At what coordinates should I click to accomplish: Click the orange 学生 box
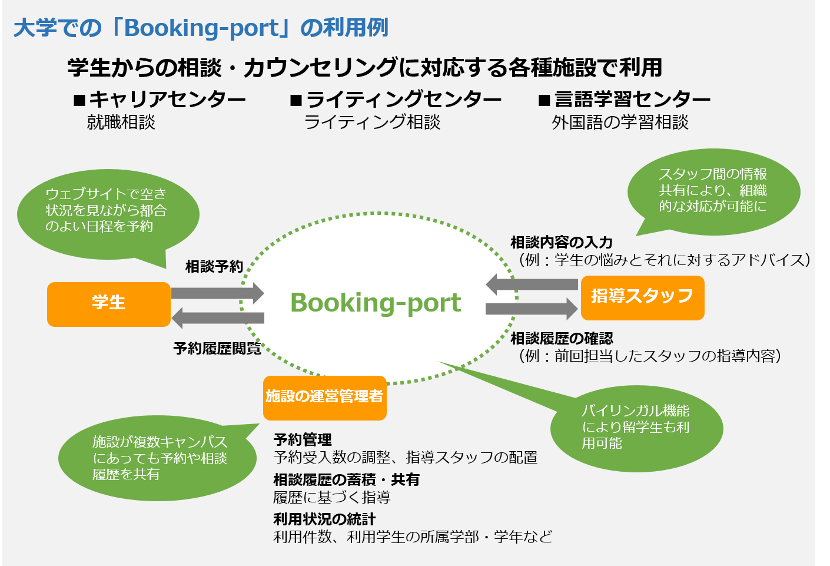(108, 304)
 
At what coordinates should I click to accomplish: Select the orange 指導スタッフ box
(642, 297)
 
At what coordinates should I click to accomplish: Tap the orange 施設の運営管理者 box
(324, 398)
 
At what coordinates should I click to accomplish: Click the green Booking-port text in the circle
(376, 303)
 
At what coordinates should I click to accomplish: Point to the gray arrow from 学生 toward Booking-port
(217, 293)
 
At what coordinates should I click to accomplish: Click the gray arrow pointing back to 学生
(217, 317)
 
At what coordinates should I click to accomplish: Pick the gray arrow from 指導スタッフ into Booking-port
(531, 284)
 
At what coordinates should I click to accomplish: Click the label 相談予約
(214, 267)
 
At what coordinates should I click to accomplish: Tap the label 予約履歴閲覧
(217, 349)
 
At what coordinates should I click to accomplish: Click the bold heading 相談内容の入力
(562, 243)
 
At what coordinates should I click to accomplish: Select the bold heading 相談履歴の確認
(562, 339)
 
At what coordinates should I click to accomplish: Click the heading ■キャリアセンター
(160, 100)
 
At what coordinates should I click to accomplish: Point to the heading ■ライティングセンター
(396, 100)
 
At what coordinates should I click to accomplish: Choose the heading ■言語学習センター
(625, 100)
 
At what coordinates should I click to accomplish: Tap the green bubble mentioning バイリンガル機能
(636, 428)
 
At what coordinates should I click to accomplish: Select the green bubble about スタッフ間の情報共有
(713, 191)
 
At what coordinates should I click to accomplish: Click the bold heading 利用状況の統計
(324, 519)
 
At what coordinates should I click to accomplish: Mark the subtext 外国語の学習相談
(620, 123)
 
